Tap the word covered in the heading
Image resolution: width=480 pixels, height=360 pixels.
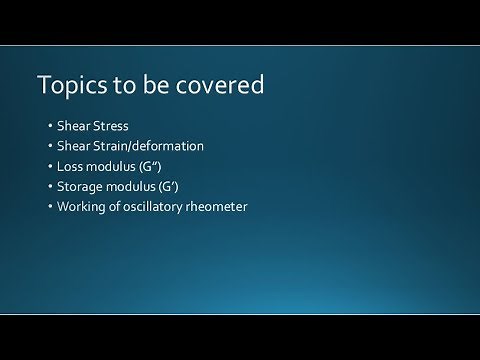[222, 86]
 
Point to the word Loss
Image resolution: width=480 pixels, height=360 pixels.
[74, 166]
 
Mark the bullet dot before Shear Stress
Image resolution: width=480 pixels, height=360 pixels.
[50, 127]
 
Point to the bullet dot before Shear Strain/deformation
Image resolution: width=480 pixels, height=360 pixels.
[50, 147]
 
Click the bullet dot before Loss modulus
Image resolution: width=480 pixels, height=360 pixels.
[50, 167]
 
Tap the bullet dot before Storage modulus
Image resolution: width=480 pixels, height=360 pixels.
[50, 187]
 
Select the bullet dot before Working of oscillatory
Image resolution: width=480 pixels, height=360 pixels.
[50, 207]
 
